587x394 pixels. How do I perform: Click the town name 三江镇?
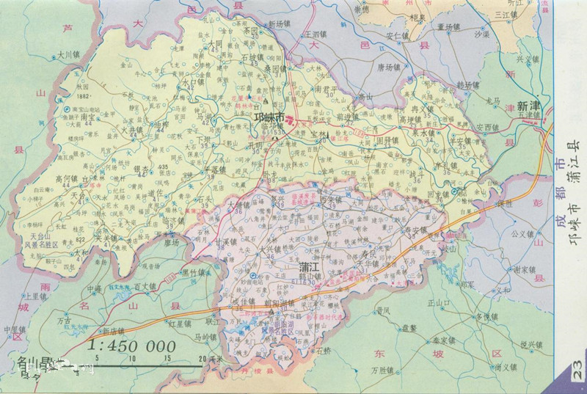tap(506, 14)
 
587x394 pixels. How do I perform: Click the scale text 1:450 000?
tap(131, 346)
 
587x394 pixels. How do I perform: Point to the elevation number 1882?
tap(81, 96)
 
